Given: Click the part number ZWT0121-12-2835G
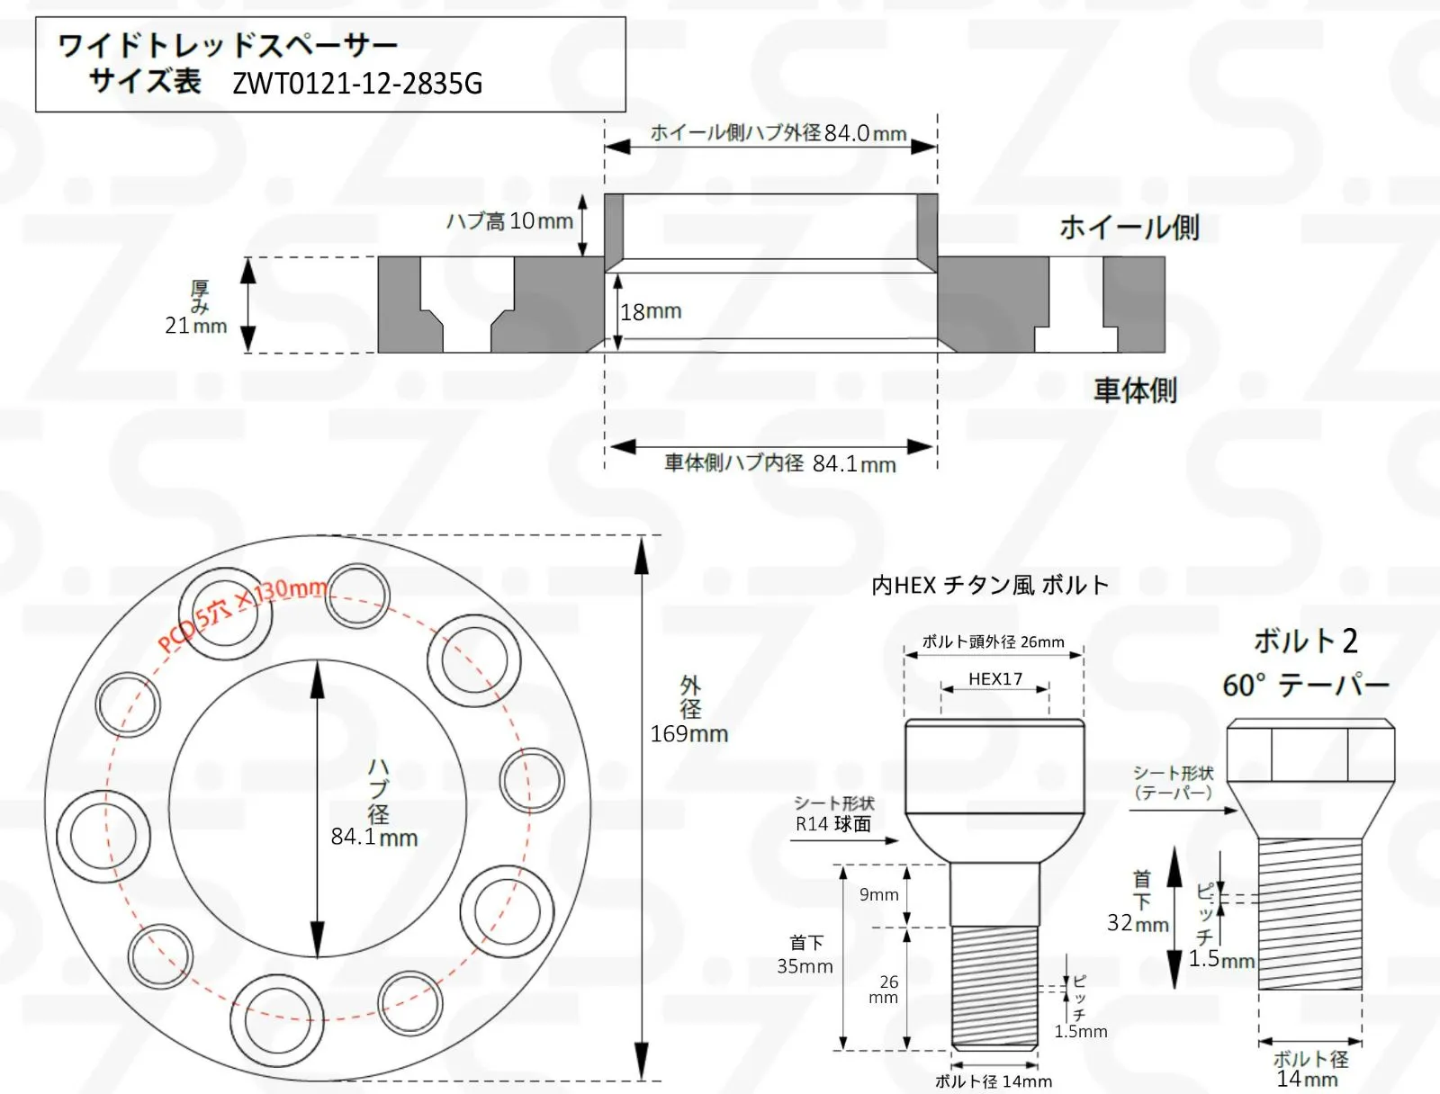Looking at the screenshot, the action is [x=357, y=84].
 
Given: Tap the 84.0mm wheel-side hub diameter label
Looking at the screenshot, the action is [x=865, y=133].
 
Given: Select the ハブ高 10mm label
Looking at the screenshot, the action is [x=509, y=221].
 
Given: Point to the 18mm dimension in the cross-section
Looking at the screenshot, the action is [x=651, y=311].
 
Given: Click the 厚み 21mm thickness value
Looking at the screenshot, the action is [x=195, y=325].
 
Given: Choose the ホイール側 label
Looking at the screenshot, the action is [x=1129, y=228].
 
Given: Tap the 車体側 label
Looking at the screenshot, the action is [x=1135, y=390].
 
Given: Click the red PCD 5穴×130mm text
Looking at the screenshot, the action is [x=243, y=614].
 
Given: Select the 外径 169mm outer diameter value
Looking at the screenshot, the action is [x=688, y=733].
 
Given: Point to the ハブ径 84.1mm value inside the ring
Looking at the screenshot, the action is [x=373, y=837].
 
